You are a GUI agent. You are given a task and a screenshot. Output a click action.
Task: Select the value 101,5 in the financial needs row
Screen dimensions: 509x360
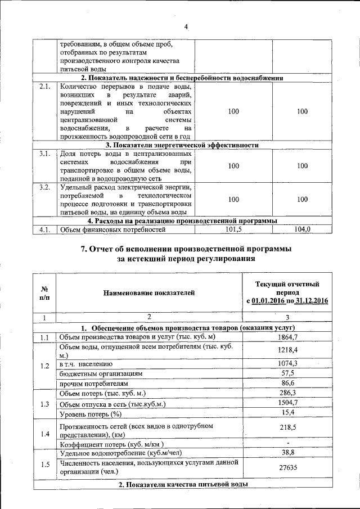tap(233, 229)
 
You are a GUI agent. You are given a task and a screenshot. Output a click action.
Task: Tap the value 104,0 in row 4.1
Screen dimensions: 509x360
tap(302, 229)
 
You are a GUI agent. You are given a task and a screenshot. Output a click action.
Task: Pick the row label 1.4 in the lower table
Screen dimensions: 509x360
tap(44, 434)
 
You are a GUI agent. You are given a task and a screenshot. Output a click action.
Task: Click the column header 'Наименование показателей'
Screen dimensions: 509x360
tap(148, 292)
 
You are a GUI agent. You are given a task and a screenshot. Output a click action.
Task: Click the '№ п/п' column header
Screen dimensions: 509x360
tap(44, 292)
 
